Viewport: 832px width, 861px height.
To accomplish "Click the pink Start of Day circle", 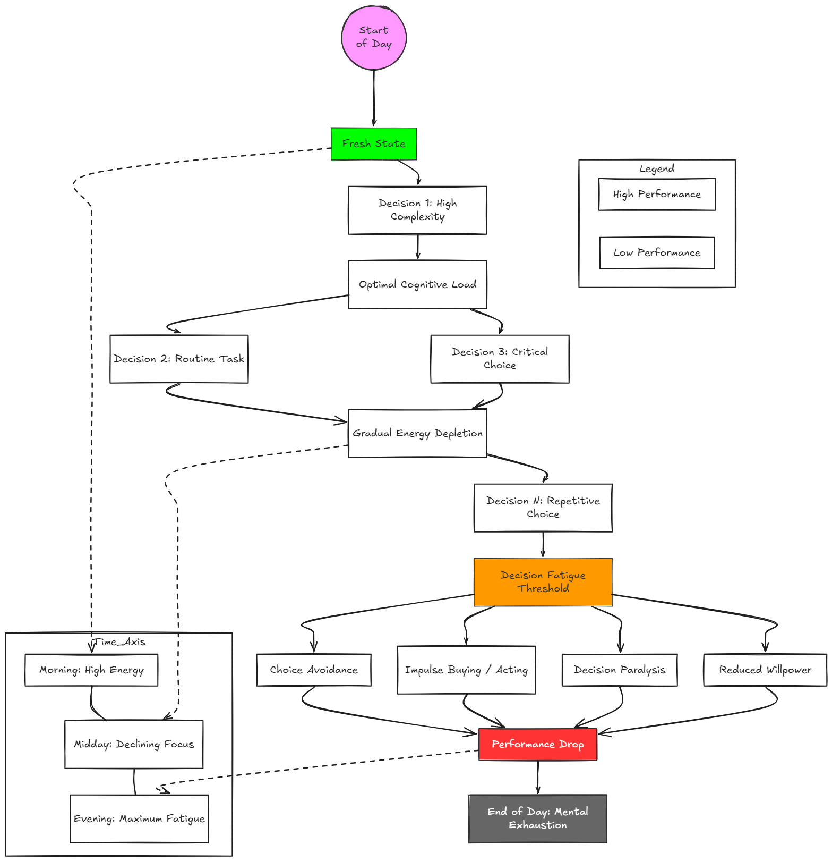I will pyautogui.click(x=374, y=38).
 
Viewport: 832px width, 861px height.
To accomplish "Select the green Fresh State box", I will pyautogui.click(x=374, y=143).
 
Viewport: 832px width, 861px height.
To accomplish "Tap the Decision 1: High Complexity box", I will pyautogui.click(x=417, y=210).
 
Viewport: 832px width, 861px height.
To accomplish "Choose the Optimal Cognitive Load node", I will pyautogui.click(x=417, y=284).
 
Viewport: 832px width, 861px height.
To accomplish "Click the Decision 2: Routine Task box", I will pyautogui.click(x=179, y=359).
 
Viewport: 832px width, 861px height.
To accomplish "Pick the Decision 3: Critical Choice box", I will pyautogui.click(x=500, y=359).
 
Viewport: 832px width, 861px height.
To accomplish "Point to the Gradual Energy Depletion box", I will pyautogui.click(x=417, y=433).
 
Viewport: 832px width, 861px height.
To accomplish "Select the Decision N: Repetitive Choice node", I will pyautogui.click(x=543, y=508).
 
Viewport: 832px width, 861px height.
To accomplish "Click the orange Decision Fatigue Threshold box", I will pyautogui.click(x=543, y=582).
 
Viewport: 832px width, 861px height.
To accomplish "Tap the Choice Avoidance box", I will pyautogui.click(x=313, y=670).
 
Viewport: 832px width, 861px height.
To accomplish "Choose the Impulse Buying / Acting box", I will pyautogui.click(x=466, y=670).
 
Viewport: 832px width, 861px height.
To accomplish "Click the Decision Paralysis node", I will pyautogui.click(x=620, y=670).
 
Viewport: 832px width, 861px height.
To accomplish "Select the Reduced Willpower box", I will pyautogui.click(x=765, y=670).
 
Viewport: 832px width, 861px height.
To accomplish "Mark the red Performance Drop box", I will pyautogui.click(x=538, y=744).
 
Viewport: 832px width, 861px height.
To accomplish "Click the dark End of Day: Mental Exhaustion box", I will pyautogui.click(x=538, y=818).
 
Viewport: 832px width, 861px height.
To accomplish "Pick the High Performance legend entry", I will pyautogui.click(x=657, y=195).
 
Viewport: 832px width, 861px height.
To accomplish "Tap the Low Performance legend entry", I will pyautogui.click(x=657, y=253).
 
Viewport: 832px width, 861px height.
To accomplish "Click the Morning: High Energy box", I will pyautogui.click(x=91, y=670).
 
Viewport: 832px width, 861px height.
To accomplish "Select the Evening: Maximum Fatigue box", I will pyautogui.click(x=139, y=818).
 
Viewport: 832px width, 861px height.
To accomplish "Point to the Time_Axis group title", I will pyautogui.click(x=119, y=642).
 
